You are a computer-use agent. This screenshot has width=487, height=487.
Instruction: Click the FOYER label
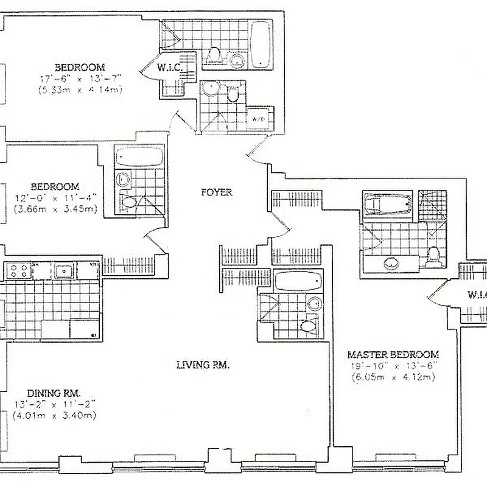click(x=217, y=192)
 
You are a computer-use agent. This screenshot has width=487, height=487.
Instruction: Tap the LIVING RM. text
click(x=202, y=365)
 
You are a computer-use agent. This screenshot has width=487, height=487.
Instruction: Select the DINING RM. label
click(x=55, y=393)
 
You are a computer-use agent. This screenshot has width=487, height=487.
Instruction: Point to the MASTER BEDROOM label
click(x=393, y=354)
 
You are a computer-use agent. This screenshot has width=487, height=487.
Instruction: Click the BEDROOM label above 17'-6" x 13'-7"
click(x=79, y=67)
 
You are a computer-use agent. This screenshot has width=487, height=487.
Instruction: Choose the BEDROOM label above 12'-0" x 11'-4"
click(x=55, y=186)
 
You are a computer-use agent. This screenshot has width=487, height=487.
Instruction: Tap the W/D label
click(x=258, y=119)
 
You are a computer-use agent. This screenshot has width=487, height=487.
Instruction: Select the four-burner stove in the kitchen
click(x=18, y=270)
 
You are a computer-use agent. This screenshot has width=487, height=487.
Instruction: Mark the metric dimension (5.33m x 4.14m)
click(x=79, y=89)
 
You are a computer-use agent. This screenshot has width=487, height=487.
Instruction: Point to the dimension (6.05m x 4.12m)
click(x=393, y=377)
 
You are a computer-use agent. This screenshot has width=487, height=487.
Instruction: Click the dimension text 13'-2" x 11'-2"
click(x=55, y=405)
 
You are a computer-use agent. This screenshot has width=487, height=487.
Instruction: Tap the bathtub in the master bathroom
click(x=388, y=203)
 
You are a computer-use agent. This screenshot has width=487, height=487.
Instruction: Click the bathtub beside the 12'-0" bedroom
click(x=139, y=158)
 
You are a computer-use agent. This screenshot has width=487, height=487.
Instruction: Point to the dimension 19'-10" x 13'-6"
click(x=393, y=366)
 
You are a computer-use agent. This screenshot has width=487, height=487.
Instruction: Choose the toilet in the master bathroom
click(x=433, y=254)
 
